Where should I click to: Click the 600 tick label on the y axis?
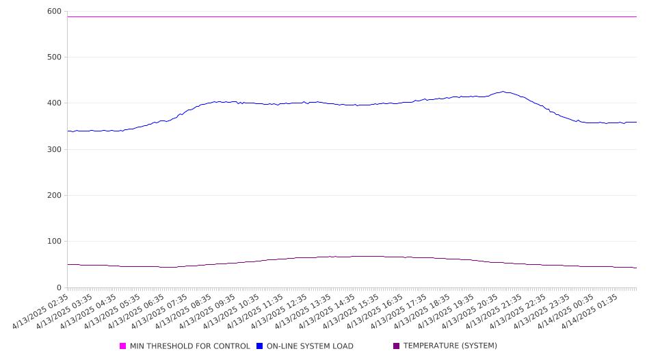point(54,12)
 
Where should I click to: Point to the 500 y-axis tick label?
point(54,57)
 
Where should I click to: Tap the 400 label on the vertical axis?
point(54,103)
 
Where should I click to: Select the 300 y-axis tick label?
point(54,149)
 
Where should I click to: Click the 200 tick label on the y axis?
point(54,195)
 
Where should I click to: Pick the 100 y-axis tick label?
point(54,241)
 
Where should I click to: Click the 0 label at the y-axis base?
point(59,287)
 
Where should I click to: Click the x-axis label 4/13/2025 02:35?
point(40,311)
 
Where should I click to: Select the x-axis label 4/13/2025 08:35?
point(183,311)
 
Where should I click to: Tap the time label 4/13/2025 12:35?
point(279,311)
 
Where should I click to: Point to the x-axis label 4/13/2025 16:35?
point(375,311)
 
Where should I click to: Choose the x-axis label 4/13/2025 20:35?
point(470,311)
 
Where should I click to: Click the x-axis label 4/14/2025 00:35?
point(566,311)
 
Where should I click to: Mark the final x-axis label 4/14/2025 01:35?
point(590,311)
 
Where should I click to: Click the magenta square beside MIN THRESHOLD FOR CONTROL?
point(122,346)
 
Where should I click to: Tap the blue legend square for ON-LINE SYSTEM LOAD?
point(259,346)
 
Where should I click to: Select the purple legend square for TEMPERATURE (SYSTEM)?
point(397,346)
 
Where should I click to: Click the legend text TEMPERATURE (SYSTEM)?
point(450,346)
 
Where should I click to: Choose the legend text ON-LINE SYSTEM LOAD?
point(310,346)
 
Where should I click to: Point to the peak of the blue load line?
point(503,91)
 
